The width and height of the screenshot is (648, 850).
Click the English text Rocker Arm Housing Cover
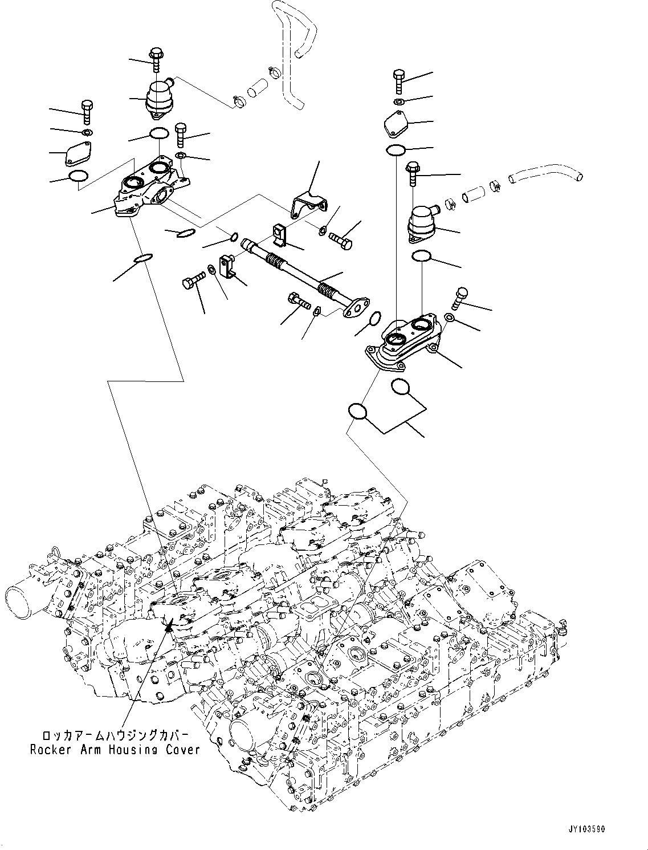pos(115,749)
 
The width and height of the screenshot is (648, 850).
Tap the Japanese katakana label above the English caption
pos(115,735)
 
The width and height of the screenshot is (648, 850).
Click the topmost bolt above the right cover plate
pos(398,80)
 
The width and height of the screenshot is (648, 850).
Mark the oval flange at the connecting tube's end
pos(355,307)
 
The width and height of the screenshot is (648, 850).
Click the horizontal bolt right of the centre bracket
pos(341,240)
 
